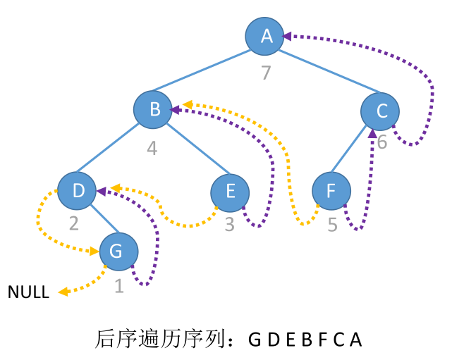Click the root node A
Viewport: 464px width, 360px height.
click(x=266, y=35)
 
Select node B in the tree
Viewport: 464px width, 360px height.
click(x=154, y=109)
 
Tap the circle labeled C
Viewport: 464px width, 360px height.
click(x=381, y=111)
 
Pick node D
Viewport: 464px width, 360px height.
click(x=77, y=190)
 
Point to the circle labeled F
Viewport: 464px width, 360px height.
click(x=331, y=192)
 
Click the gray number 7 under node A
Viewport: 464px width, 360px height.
click(x=266, y=73)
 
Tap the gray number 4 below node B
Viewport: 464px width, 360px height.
click(x=152, y=148)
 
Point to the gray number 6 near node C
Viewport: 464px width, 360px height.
click(x=381, y=142)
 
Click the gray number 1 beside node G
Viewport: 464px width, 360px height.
click(x=118, y=286)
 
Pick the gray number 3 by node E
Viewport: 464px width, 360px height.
click(x=230, y=225)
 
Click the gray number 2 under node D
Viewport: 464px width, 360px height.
click(x=74, y=224)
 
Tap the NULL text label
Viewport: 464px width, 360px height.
click(x=28, y=292)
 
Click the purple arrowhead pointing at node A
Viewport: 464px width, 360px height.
click(x=287, y=35)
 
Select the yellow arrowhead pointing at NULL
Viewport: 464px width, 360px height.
click(x=63, y=292)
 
